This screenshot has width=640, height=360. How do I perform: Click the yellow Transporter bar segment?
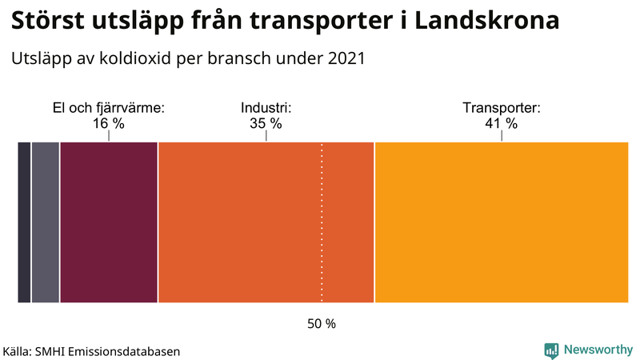pyautogui.click(x=502, y=222)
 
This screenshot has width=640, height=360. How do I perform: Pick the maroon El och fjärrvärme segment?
pyautogui.click(x=109, y=222)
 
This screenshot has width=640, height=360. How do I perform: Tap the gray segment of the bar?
pyautogui.click(x=46, y=222)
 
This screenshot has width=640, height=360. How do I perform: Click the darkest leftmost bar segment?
pyautogui.click(x=24, y=222)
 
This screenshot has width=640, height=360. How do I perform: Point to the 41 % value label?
pyautogui.click(x=502, y=123)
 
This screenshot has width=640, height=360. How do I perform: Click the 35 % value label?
pyautogui.click(x=266, y=123)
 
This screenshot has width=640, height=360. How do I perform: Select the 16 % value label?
pyautogui.click(x=109, y=123)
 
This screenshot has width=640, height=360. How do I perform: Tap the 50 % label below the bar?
pyautogui.click(x=322, y=324)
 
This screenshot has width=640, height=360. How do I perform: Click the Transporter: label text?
pyautogui.click(x=502, y=108)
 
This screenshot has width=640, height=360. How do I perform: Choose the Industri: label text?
pyautogui.click(x=266, y=108)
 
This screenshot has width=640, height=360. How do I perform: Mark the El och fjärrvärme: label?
pyautogui.click(x=109, y=108)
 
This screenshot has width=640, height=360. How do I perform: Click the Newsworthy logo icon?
pyautogui.click(x=551, y=350)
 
